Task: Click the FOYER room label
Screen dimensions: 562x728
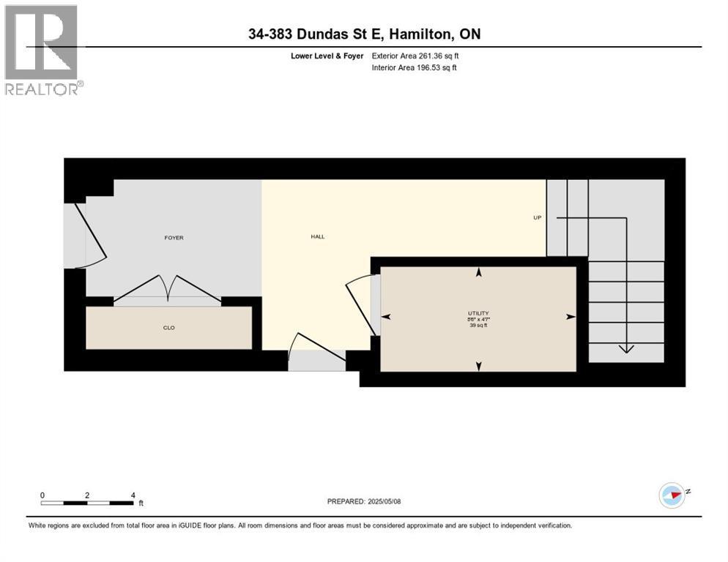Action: [x=174, y=238]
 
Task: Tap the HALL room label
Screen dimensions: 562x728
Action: [x=317, y=236]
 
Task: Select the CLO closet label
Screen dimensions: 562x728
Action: [x=168, y=328]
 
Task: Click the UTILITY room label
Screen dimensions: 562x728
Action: [x=479, y=313]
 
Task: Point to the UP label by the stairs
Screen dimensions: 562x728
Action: [x=537, y=218]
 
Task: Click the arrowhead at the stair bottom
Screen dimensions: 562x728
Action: [x=626, y=348]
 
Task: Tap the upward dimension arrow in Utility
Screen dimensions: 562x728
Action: [x=479, y=272]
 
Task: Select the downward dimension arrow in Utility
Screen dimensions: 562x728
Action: [x=479, y=367]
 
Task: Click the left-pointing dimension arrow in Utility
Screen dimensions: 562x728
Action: [x=386, y=317]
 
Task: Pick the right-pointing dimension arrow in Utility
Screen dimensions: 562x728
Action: [x=571, y=317]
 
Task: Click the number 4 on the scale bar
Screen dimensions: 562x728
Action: [x=133, y=495]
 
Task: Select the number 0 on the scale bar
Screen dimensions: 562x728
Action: [x=42, y=495]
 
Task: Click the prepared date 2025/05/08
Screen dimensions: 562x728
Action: [x=384, y=501]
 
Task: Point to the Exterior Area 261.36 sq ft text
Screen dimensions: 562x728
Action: [x=415, y=56]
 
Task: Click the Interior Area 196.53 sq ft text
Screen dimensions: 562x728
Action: [x=415, y=68]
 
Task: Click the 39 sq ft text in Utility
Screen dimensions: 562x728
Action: [x=479, y=325]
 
